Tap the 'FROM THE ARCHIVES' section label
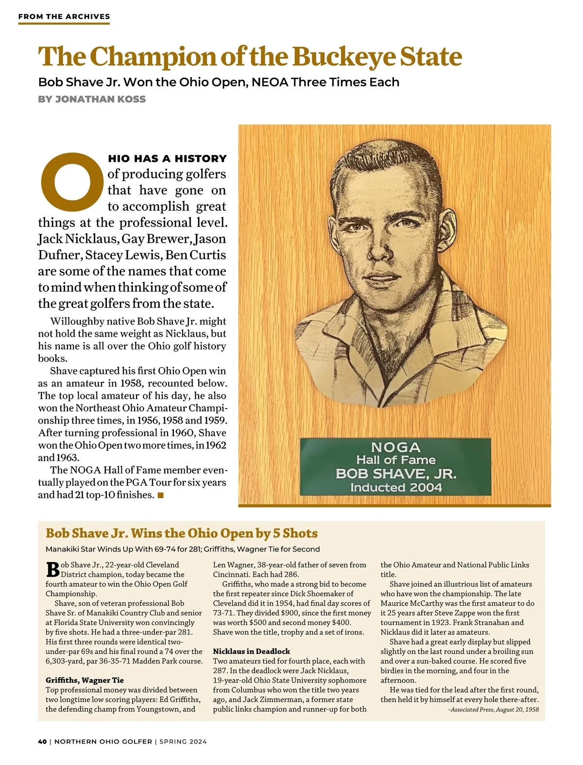pyautogui.click(x=64, y=17)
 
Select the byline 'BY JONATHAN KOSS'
pyautogui.click(x=92, y=99)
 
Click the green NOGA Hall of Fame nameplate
pyautogui.click(x=395, y=466)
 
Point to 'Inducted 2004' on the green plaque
pyautogui.click(x=395, y=487)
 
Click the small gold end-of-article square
pyautogui.click(x=161, y=495)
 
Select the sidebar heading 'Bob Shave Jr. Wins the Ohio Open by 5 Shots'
pyautogui.click(x=181, y=533)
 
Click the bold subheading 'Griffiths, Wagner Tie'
pyautogui.click(x=85, y=680)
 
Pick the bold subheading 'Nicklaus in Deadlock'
pyautogui.click(x=251, y=651)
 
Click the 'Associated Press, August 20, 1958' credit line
pyautogui.click(x=493, y=709)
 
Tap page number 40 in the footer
pyautogui.click(x=42, y=742)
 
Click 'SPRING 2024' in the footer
pyautogui.click(x=183, y=742)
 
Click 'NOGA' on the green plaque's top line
pyautogui.click(x=395, y=447)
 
